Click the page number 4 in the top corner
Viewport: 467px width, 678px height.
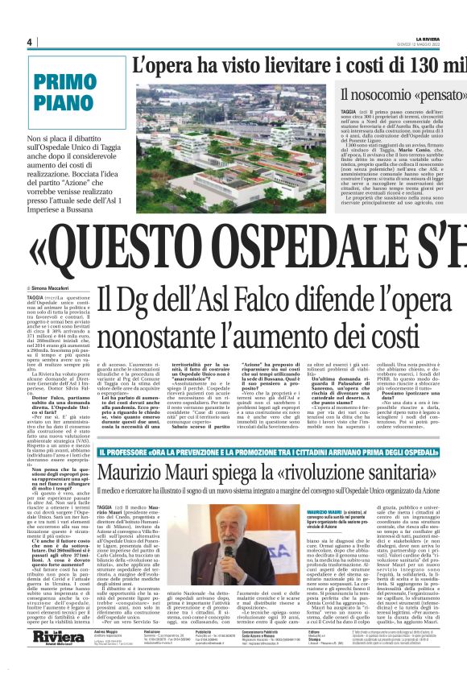pyautogui.click(x=29, y=43)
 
